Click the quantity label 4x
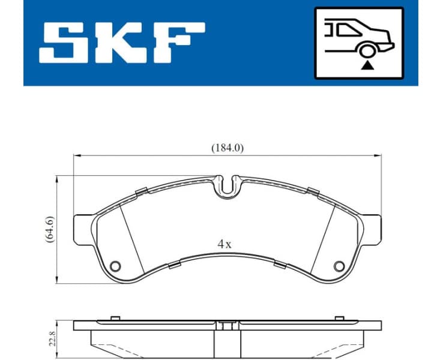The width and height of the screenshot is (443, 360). pyautogui.click(x=225, y=244)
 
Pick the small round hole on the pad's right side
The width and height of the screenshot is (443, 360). pyautogui.click(x=339, y=266)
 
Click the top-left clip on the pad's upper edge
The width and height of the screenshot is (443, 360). pyautogui.click(x=142, y=191)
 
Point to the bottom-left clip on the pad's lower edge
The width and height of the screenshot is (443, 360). pyautogui.click(x=174, y=265)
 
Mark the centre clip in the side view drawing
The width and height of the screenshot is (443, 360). pyautogui.click(x=226, y=326)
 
